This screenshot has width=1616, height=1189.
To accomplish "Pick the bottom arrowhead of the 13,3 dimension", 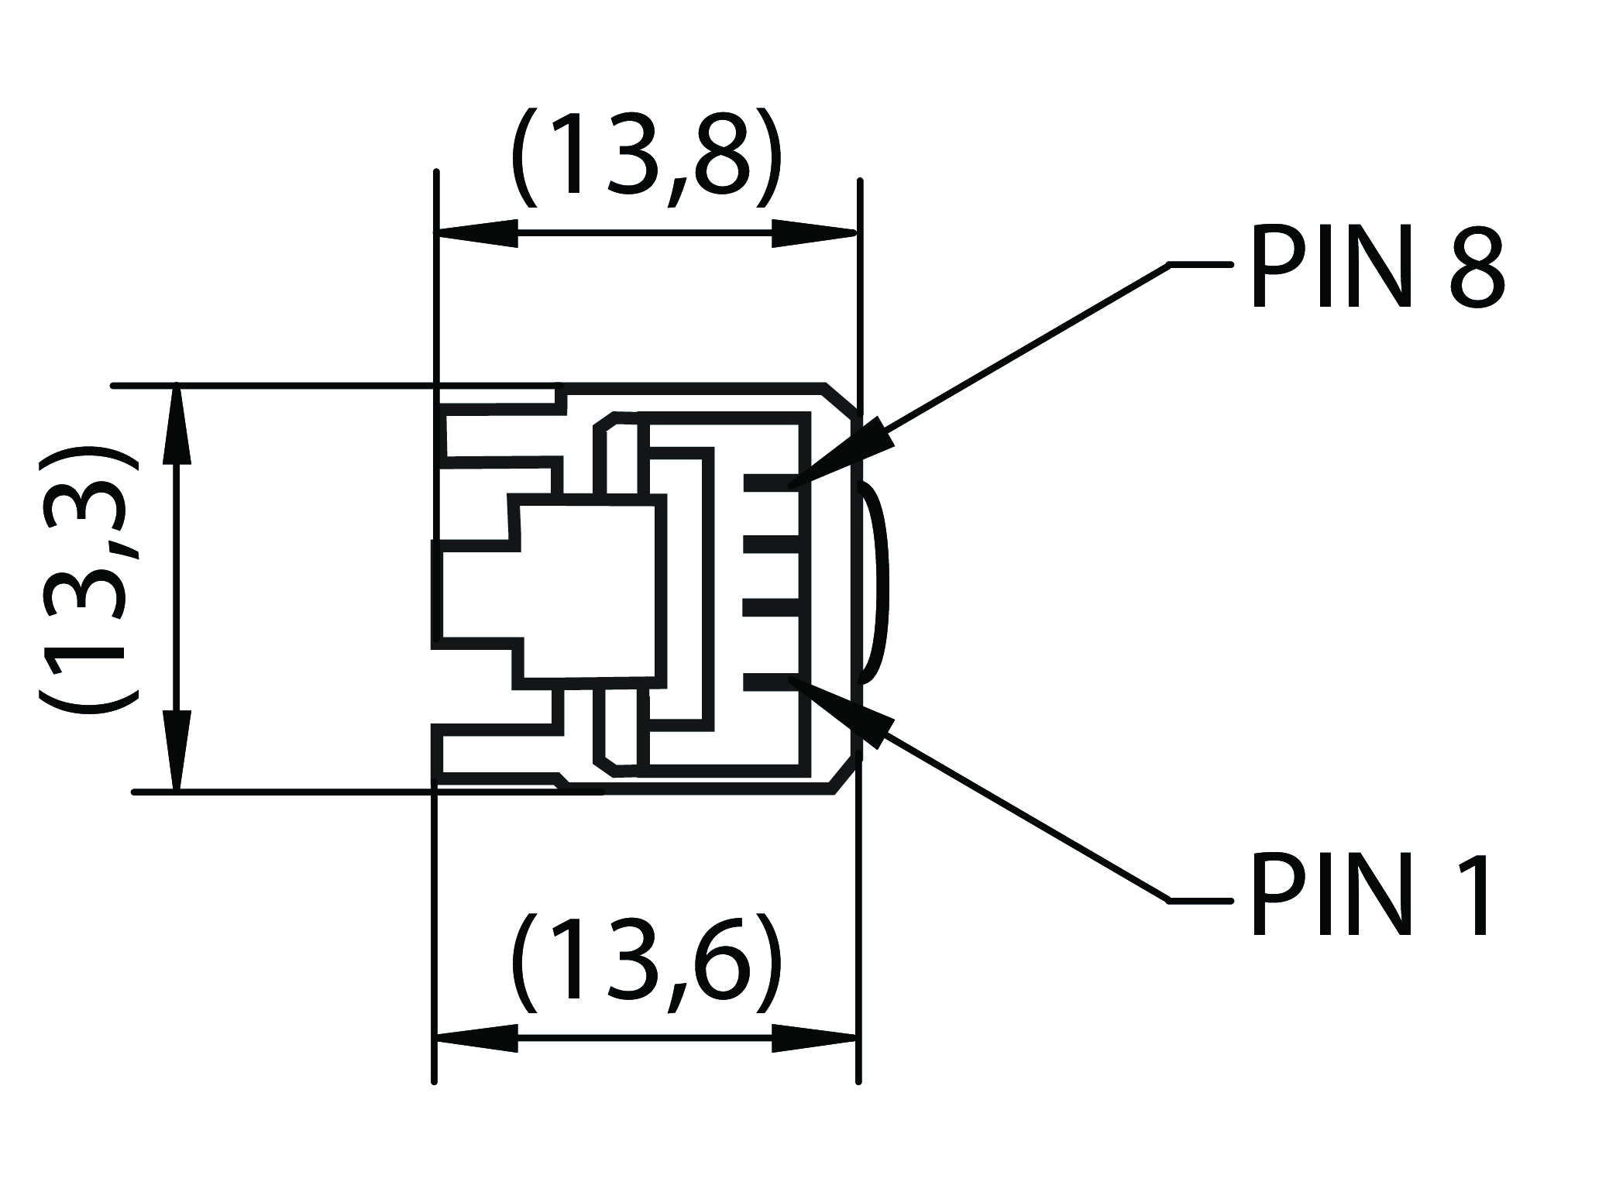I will click(x=177, y=751).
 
